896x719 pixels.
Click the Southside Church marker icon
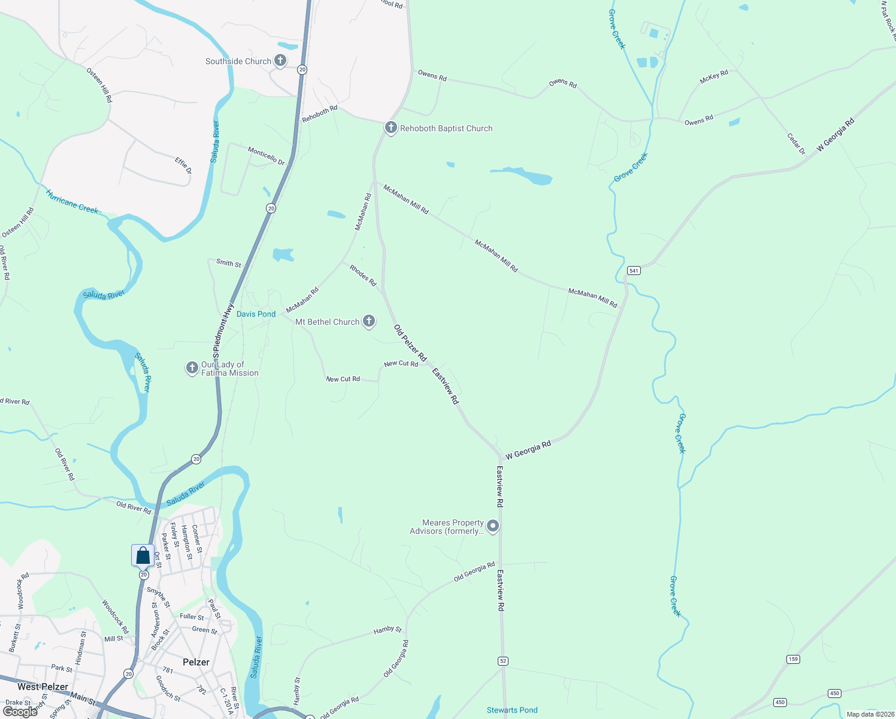[x=280, y=60]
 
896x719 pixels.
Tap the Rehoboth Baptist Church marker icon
[x=391, y=127]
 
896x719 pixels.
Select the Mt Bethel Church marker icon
[x=369, y=321]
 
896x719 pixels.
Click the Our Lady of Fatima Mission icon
[x=192, y=367]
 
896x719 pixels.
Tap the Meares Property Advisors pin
[x=493, y=526]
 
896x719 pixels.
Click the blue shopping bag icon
[x=143, y=555]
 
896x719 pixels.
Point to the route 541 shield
[x=634, y=271]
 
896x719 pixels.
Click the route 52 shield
[x=503, y=660]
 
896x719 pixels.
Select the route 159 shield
[x=793, y=659]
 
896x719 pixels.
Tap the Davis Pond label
[x=256, y=314]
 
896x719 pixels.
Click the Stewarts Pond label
[x=512, y=710]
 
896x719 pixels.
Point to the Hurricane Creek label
[x=72, y=202]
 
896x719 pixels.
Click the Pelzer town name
[x=196, y=662]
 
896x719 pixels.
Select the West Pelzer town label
[x=43, y=687]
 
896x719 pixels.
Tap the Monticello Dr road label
[x=267, y=156]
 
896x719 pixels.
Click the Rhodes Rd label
[x=363, y=275]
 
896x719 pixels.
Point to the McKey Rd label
[x=714, y=77]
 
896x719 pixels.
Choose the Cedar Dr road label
[x=797, y=144]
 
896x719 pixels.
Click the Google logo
[x=20, y=712]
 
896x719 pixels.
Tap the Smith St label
[x=229, y=263]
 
